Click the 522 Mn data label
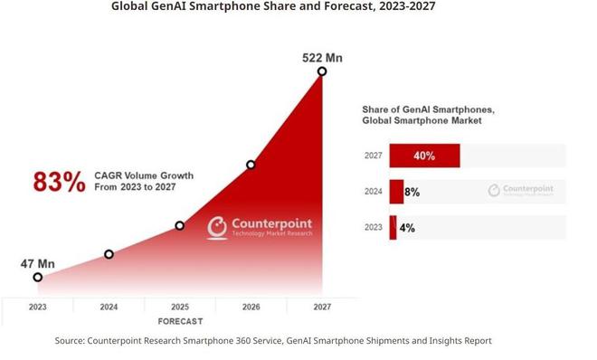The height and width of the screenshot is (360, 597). (322, 59)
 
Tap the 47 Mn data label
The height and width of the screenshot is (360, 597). (37, 264)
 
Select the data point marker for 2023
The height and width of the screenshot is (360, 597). (37, 278)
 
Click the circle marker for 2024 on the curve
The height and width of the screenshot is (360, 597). (109, 254)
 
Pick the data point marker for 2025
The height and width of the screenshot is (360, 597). (179, 225)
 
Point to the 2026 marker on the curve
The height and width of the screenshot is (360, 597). (251, 165)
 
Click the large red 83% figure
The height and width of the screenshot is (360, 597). (59, 182)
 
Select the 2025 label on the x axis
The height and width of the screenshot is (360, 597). (179, 308)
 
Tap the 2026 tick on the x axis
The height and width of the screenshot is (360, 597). (251, 308)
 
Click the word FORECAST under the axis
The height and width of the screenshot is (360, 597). (180, 321)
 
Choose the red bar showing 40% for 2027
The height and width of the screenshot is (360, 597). (424, 156)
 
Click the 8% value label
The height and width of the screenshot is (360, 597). (412, 192)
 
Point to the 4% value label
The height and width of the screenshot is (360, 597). (407, 228)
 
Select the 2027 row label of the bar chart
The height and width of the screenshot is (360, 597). (374, 156)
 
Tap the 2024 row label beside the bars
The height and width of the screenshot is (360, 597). (374, 192)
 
